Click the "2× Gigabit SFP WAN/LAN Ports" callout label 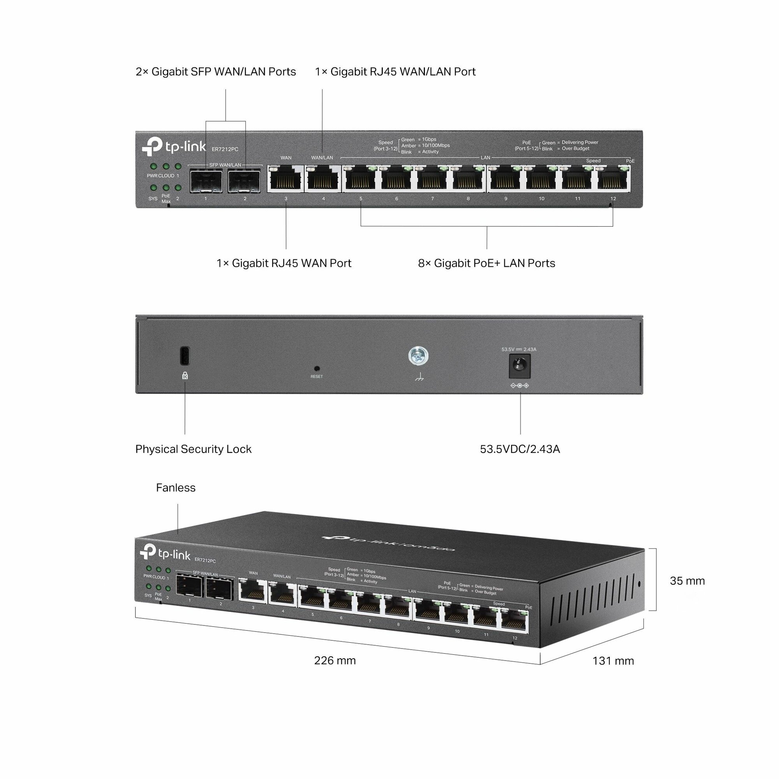pyautogui.click(x=216, y=72)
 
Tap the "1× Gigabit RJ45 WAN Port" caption pyautogui.click(x=284, y=263)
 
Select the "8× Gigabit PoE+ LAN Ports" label pyautogui.click(x=486, y=263)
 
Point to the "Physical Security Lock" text pyautogui.click(x=193, y=449)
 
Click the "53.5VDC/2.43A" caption pyautogui.click(x=520, y=449)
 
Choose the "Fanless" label pyautogui.click(x=175, y=488)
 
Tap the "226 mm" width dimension pyautogui.click(x=335, y=661)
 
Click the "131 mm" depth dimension pyautogui.click(x=613, y=661)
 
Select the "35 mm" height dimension pyautogui.click(x=687, y=581)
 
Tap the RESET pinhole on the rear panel pyautogui.click(x=317, y=368)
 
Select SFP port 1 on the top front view pyautogui.click(x=206, y=181)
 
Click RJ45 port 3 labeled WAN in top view pyautogui.click(x=286, y=179)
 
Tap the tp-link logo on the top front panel pyautogui.click(x=174, y=146)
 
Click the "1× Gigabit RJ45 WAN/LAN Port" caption pyautogui.click(x=395, y=72)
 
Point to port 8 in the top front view pyautogui.click(x=468, y=179)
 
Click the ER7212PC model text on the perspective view pyautogui.click(x=205, y=560)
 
